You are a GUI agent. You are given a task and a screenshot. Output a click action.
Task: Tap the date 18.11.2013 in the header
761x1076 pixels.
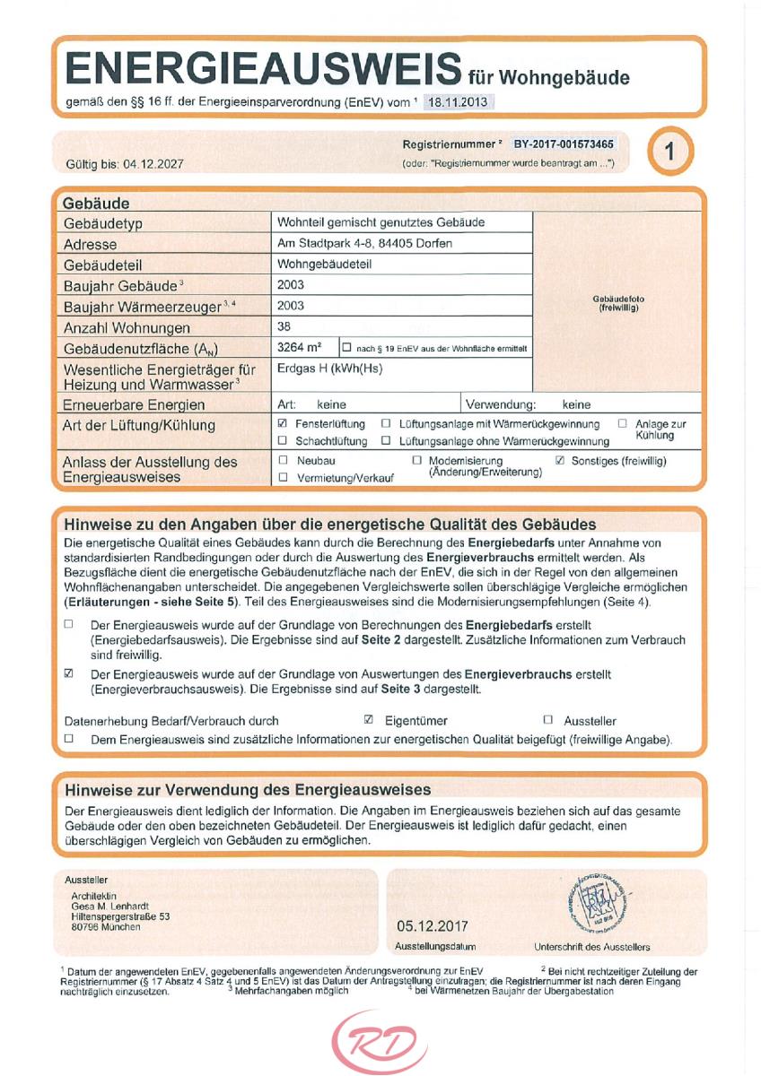[x=458, y=102]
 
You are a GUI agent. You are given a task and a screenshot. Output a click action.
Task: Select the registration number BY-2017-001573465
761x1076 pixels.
[x=564, y=143]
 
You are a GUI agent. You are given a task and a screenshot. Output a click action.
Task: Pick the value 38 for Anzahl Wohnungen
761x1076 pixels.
[x=285, y=326]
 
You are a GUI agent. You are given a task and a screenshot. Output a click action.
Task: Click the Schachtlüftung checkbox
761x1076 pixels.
[x=283, y=440]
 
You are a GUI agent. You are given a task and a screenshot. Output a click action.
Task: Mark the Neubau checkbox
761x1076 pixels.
[x=283, y=461]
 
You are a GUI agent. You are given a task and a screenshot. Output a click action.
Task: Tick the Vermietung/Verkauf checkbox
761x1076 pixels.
[x=283, y=477]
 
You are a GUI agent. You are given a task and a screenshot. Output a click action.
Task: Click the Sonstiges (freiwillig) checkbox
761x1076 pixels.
[x=561, y=461]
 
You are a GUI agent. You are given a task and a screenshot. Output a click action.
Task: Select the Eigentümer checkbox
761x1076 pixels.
[x=369, y=719]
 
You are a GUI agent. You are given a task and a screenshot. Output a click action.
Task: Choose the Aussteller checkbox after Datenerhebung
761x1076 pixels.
[x=548, y=719]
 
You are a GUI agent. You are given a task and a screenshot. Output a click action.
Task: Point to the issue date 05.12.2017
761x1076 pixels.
[x=432, y=926]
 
